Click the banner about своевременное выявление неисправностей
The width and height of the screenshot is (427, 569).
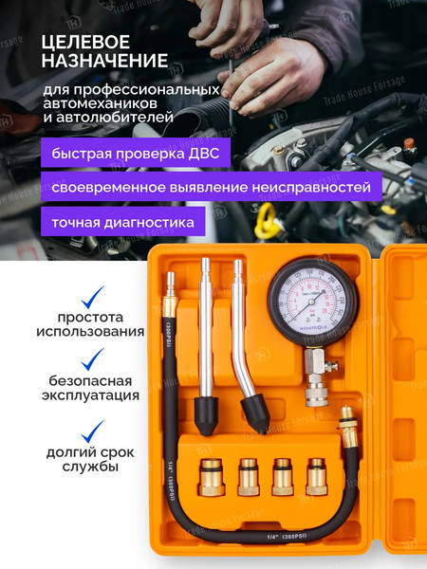click(212, 187)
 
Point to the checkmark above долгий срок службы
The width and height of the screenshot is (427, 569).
click(92, 432)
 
